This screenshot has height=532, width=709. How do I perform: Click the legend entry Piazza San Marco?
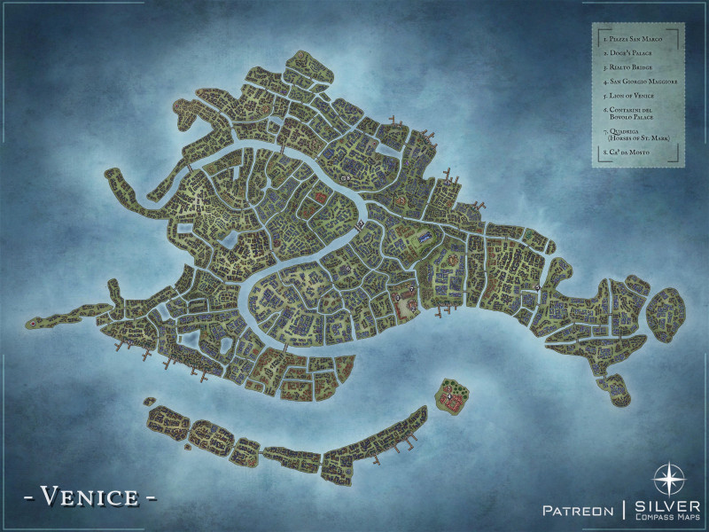(x=630, y=39)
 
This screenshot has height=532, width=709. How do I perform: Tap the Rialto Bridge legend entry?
(x=630, y=66)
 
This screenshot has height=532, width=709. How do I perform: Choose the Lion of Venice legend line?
(x=630, y=95)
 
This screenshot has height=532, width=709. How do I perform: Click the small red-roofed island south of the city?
(x=454, y=397)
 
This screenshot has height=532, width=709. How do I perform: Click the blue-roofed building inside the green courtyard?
(x=426, y=238)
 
